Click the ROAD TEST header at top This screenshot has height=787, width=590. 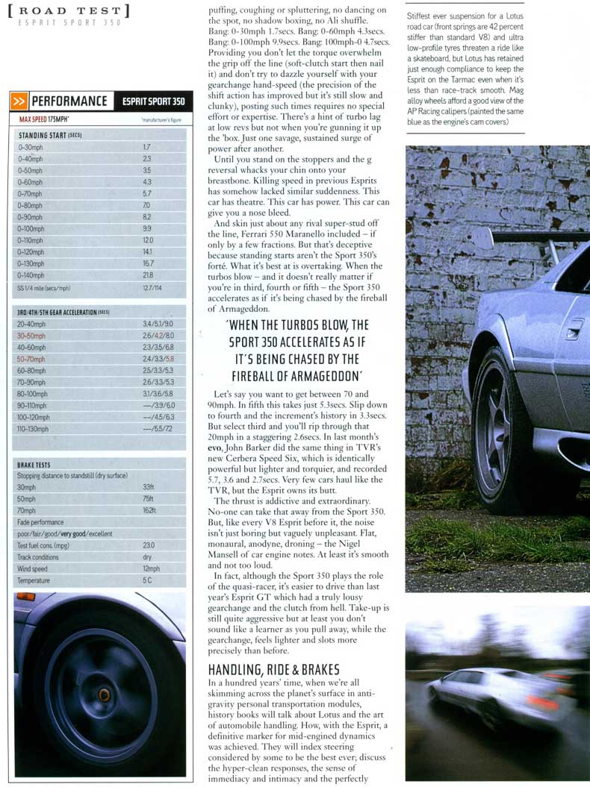click(72, 11)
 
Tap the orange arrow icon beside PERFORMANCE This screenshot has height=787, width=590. click(20, 101)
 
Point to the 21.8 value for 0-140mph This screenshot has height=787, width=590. click(147, 275)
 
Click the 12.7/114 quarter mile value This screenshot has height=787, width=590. click(152, 287)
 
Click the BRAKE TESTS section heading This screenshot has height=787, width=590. click(34, 465)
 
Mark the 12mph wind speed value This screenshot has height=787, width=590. click(151, 568)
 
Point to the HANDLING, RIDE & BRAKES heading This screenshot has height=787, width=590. click(273, 668)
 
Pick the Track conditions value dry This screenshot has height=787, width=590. click(147, 556)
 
